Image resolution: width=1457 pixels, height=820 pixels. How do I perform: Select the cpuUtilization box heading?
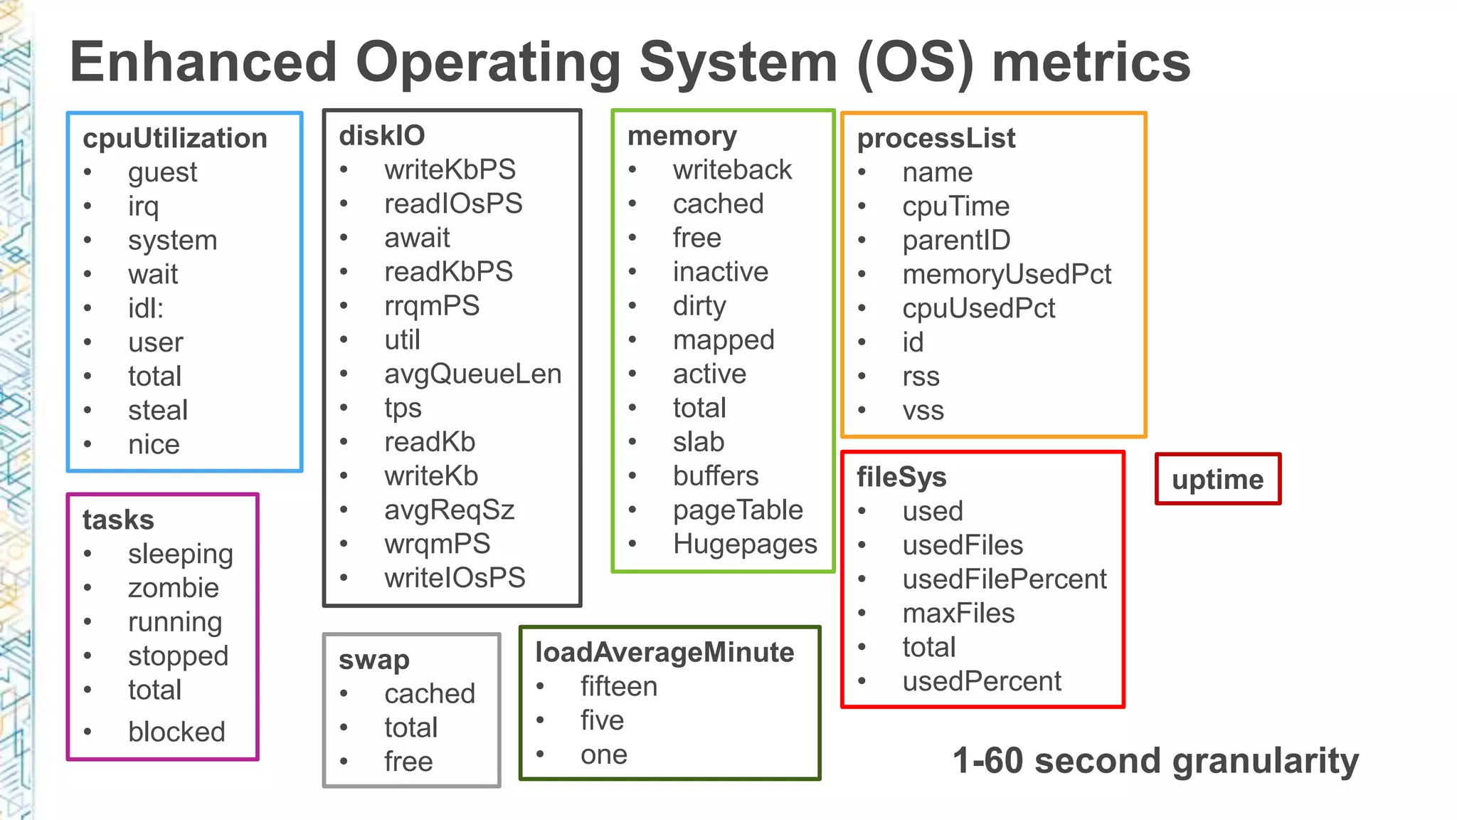(175, 138)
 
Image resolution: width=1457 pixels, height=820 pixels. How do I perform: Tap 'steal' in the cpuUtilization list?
(158, 411)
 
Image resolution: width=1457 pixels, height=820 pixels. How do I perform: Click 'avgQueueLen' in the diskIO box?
(473, 374)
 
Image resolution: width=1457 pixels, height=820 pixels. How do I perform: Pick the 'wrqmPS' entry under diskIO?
(438, 544)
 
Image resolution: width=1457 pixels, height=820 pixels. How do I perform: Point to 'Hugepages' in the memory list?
(745, 545)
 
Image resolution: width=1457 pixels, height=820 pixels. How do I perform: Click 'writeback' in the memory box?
(732, 170)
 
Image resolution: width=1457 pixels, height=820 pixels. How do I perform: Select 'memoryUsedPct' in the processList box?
(1007, 275)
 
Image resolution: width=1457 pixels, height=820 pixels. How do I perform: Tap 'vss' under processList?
(923, 411)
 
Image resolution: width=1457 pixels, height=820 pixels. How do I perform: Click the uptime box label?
(1218, 480)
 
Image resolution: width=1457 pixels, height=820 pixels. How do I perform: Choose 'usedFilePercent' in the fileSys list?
(1005, 579)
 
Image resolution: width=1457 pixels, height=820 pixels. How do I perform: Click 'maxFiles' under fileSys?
(958, 614)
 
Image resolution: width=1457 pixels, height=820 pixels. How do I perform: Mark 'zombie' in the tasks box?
(174, 588)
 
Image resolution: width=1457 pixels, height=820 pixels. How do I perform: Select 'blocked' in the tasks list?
(176, 732)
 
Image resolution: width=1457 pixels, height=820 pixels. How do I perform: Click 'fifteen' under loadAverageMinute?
(619, 687)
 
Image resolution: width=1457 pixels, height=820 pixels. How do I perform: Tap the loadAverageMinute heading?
(664, 653)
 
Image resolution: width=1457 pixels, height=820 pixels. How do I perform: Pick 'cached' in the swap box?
(430, 694)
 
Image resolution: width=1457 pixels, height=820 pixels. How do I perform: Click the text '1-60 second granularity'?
(1155, 761)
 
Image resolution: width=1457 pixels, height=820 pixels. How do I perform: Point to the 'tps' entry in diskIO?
(403, 409)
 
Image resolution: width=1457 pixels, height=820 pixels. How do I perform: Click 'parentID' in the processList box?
(956, 241)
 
